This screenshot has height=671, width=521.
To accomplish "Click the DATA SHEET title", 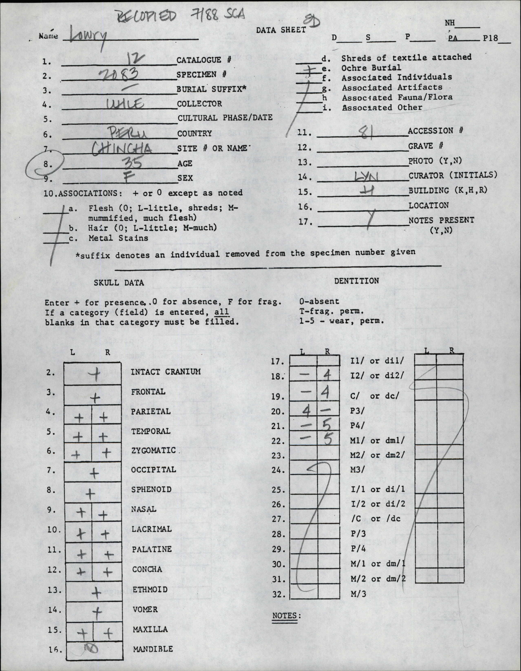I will (281, 30).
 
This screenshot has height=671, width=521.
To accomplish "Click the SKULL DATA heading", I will (119, 282).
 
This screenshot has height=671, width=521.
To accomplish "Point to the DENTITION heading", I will (357, 281).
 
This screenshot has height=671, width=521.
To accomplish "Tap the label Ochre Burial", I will (371, 67).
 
